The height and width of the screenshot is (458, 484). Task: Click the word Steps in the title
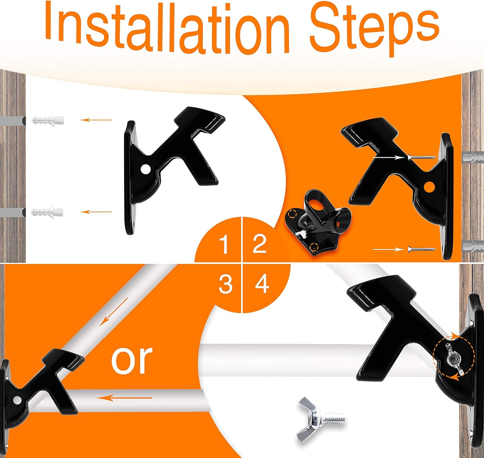coord(374,30)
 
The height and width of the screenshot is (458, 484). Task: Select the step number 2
coord(260,244)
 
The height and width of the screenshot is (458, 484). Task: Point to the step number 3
coord(225,284)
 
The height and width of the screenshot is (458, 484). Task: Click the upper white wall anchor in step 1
coord(48,121)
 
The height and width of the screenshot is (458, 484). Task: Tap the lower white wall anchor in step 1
coord(47,212)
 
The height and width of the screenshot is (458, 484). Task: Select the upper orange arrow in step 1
coord(96,120)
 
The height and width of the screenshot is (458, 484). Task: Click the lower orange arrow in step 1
coord(96,212)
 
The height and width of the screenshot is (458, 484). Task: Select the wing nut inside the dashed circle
coord(454,363)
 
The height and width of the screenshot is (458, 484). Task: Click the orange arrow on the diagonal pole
coord(114,312)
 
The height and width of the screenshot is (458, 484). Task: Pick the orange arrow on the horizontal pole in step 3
coord(124,398)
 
